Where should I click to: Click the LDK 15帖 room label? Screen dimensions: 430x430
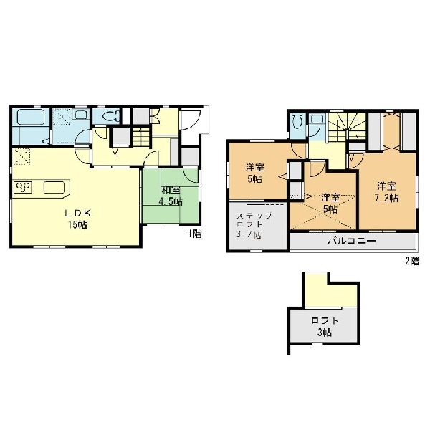tap(77, 219)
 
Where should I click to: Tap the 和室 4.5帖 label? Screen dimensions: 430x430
tap(171, 196)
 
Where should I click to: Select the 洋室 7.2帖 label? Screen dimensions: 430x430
tap(386, 192)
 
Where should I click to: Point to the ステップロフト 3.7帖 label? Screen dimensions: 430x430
tap(254, 226)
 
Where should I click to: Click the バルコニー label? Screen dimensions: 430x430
tap(352, 242)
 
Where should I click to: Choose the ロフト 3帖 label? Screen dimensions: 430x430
tap(325, 326)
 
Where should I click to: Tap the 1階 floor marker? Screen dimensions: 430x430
tap(194, 234)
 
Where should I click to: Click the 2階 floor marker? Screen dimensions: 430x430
tap(412, 261)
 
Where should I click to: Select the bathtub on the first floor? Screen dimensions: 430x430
tap(31, 117)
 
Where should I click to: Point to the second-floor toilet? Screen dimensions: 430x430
tap(297, 120)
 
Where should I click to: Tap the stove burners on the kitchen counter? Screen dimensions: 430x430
tap(23, 187)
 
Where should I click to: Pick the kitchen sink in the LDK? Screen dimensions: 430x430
tap(54, 188)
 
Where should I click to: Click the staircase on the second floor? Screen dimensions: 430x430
tap(348, 127)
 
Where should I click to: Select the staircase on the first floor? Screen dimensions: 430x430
tap(141, 137)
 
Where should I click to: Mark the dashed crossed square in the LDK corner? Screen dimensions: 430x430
tap(21, 156)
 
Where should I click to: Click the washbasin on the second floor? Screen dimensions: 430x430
tap(317, 119)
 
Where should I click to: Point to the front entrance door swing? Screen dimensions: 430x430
tap(191, 120)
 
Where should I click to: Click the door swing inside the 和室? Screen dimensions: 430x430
tap(191, 176)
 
